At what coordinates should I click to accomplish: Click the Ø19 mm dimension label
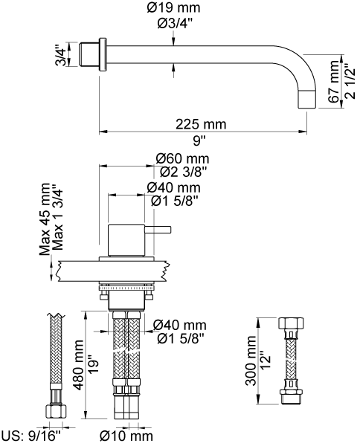(x=173, y=7)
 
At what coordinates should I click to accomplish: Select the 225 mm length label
(x=201, y=124)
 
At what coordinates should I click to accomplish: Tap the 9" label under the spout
(x=199, y=140)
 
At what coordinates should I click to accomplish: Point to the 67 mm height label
(x=335, y=82)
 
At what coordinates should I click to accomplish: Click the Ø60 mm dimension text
(x=182, y=158)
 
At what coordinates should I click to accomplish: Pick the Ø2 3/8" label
(x=183, y=172)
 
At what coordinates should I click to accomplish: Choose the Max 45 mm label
(x=45, y=219)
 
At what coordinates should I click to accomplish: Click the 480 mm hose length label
(x=78, y=365)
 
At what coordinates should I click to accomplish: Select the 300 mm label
(x=251, y=361)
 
